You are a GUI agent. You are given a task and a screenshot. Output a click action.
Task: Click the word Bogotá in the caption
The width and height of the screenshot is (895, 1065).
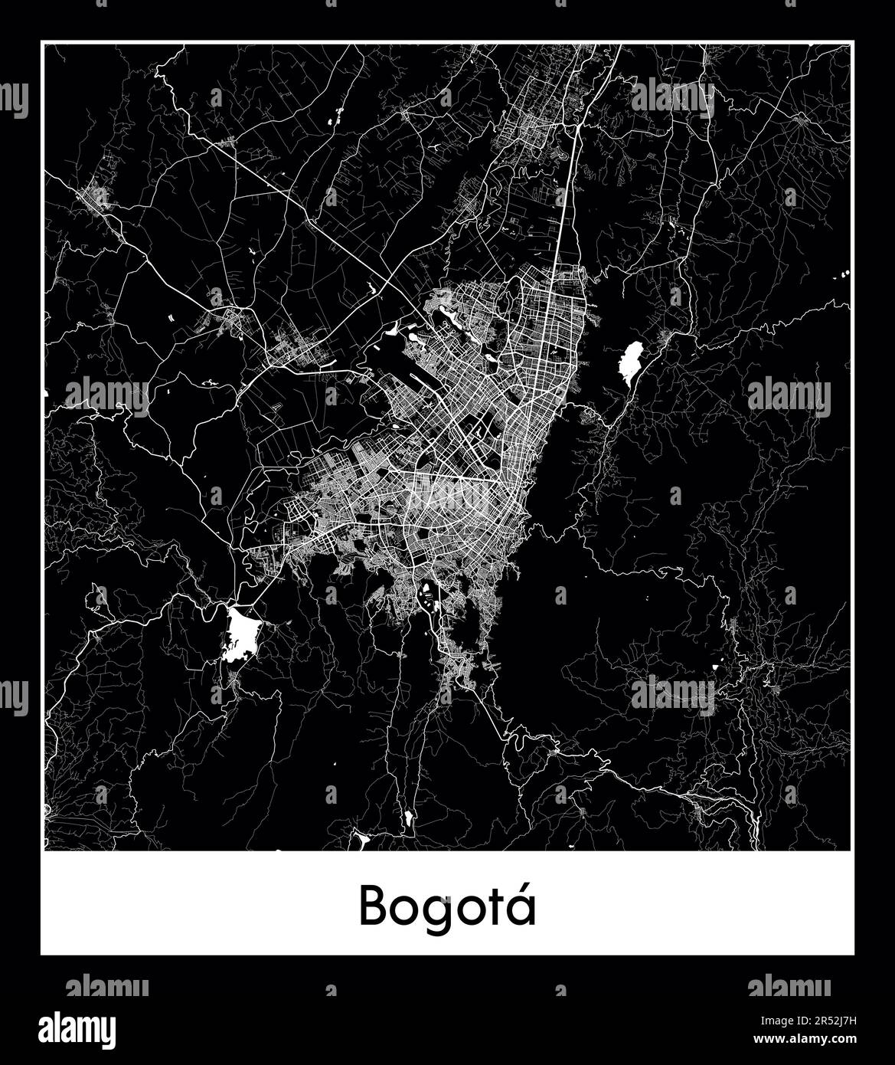(x=447, y=906)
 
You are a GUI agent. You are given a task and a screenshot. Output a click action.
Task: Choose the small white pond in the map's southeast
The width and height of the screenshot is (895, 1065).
(x=715, y=667)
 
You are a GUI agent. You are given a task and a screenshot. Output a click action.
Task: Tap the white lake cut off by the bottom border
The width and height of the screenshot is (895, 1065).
(x=360, y=842)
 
